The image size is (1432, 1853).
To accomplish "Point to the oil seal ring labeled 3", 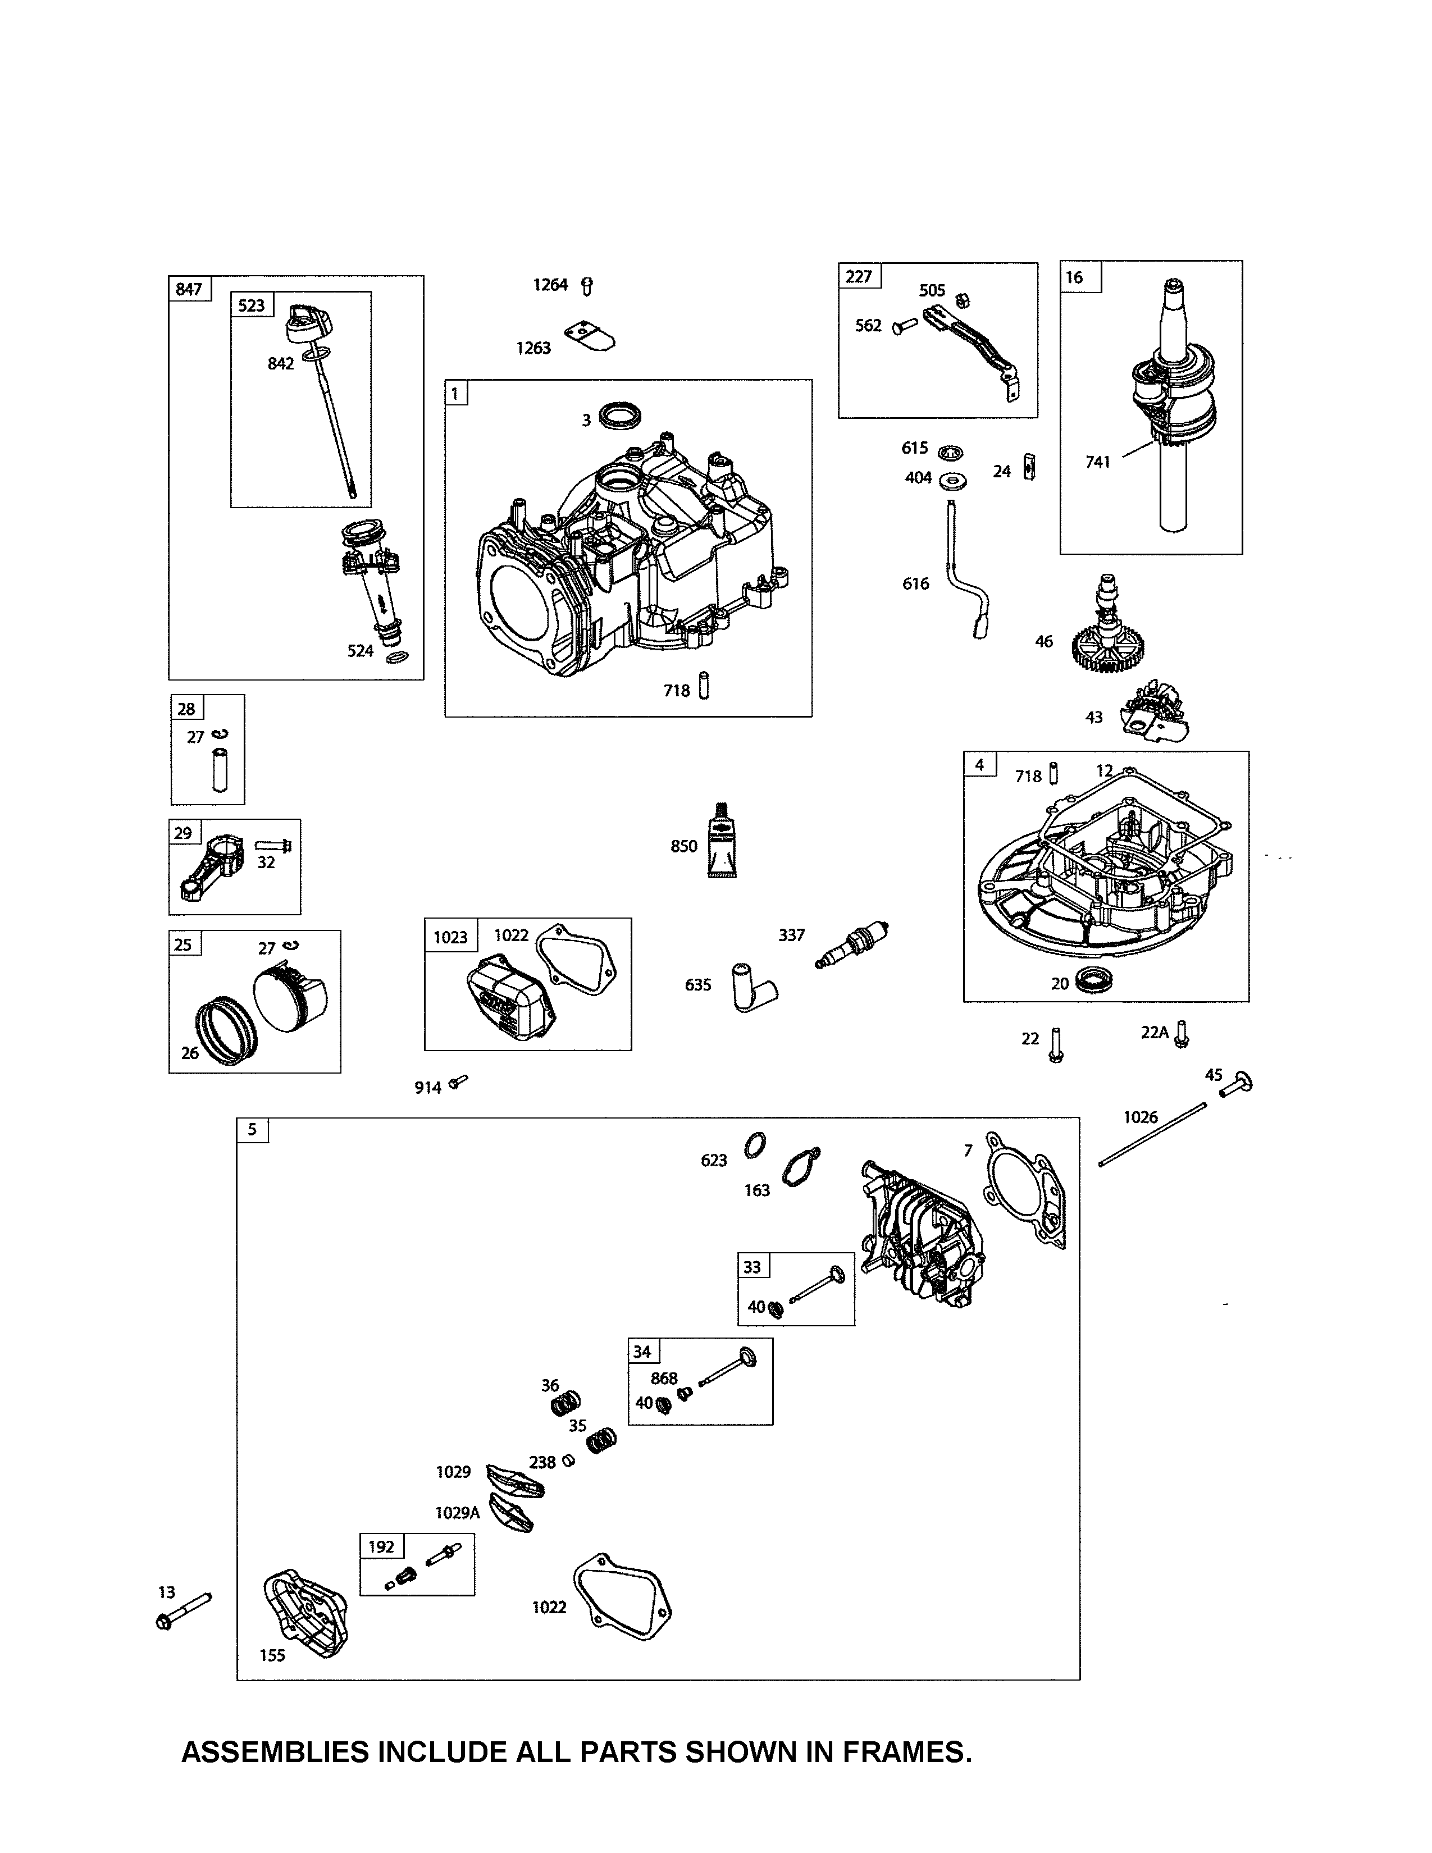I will [x=620, y=416].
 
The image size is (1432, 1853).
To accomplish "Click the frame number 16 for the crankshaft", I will [x=1074, y=277].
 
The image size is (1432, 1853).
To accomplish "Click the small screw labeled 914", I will [x=459, y=1082].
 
